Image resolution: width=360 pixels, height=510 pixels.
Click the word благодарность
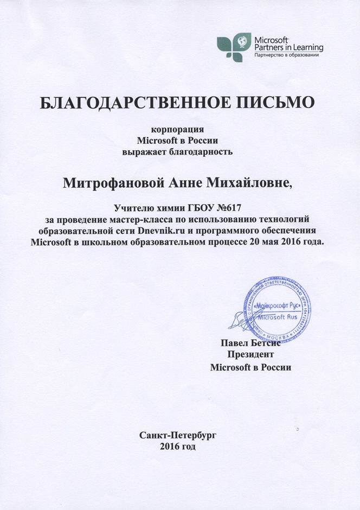(203, 151)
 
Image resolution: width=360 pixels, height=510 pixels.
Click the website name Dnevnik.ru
(161, 231)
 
